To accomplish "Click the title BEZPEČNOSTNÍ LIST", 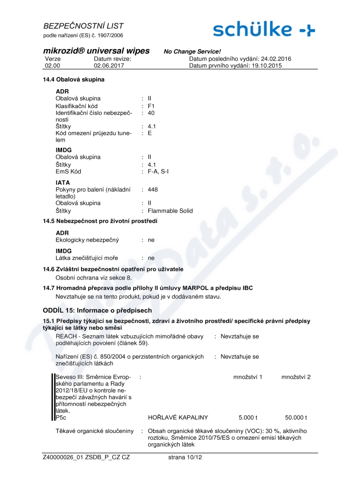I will pyautogui.click(x=84, y=26).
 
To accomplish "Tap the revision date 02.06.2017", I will pyautogui.click(x=109, y=66).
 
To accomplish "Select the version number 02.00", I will pyautogui.click(x=53, y=66).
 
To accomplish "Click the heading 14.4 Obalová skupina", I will pyautogui.click(x=73, y=80).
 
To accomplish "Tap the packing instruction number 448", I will pyautogui.click(x=153, y=189).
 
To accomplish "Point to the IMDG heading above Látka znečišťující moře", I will pyautogui.click(x=64, y=251).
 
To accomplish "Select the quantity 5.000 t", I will pyautogui.click(x=247, y=417).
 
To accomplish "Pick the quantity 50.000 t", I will pyautogui.click(x=296, y=417).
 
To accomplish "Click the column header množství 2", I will pyautogui.click(x=296, y=376).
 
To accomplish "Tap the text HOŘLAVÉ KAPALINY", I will pyautogui.click(x=178, y=417).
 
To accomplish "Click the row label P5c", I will pyautogui.click(x=61, y=417).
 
